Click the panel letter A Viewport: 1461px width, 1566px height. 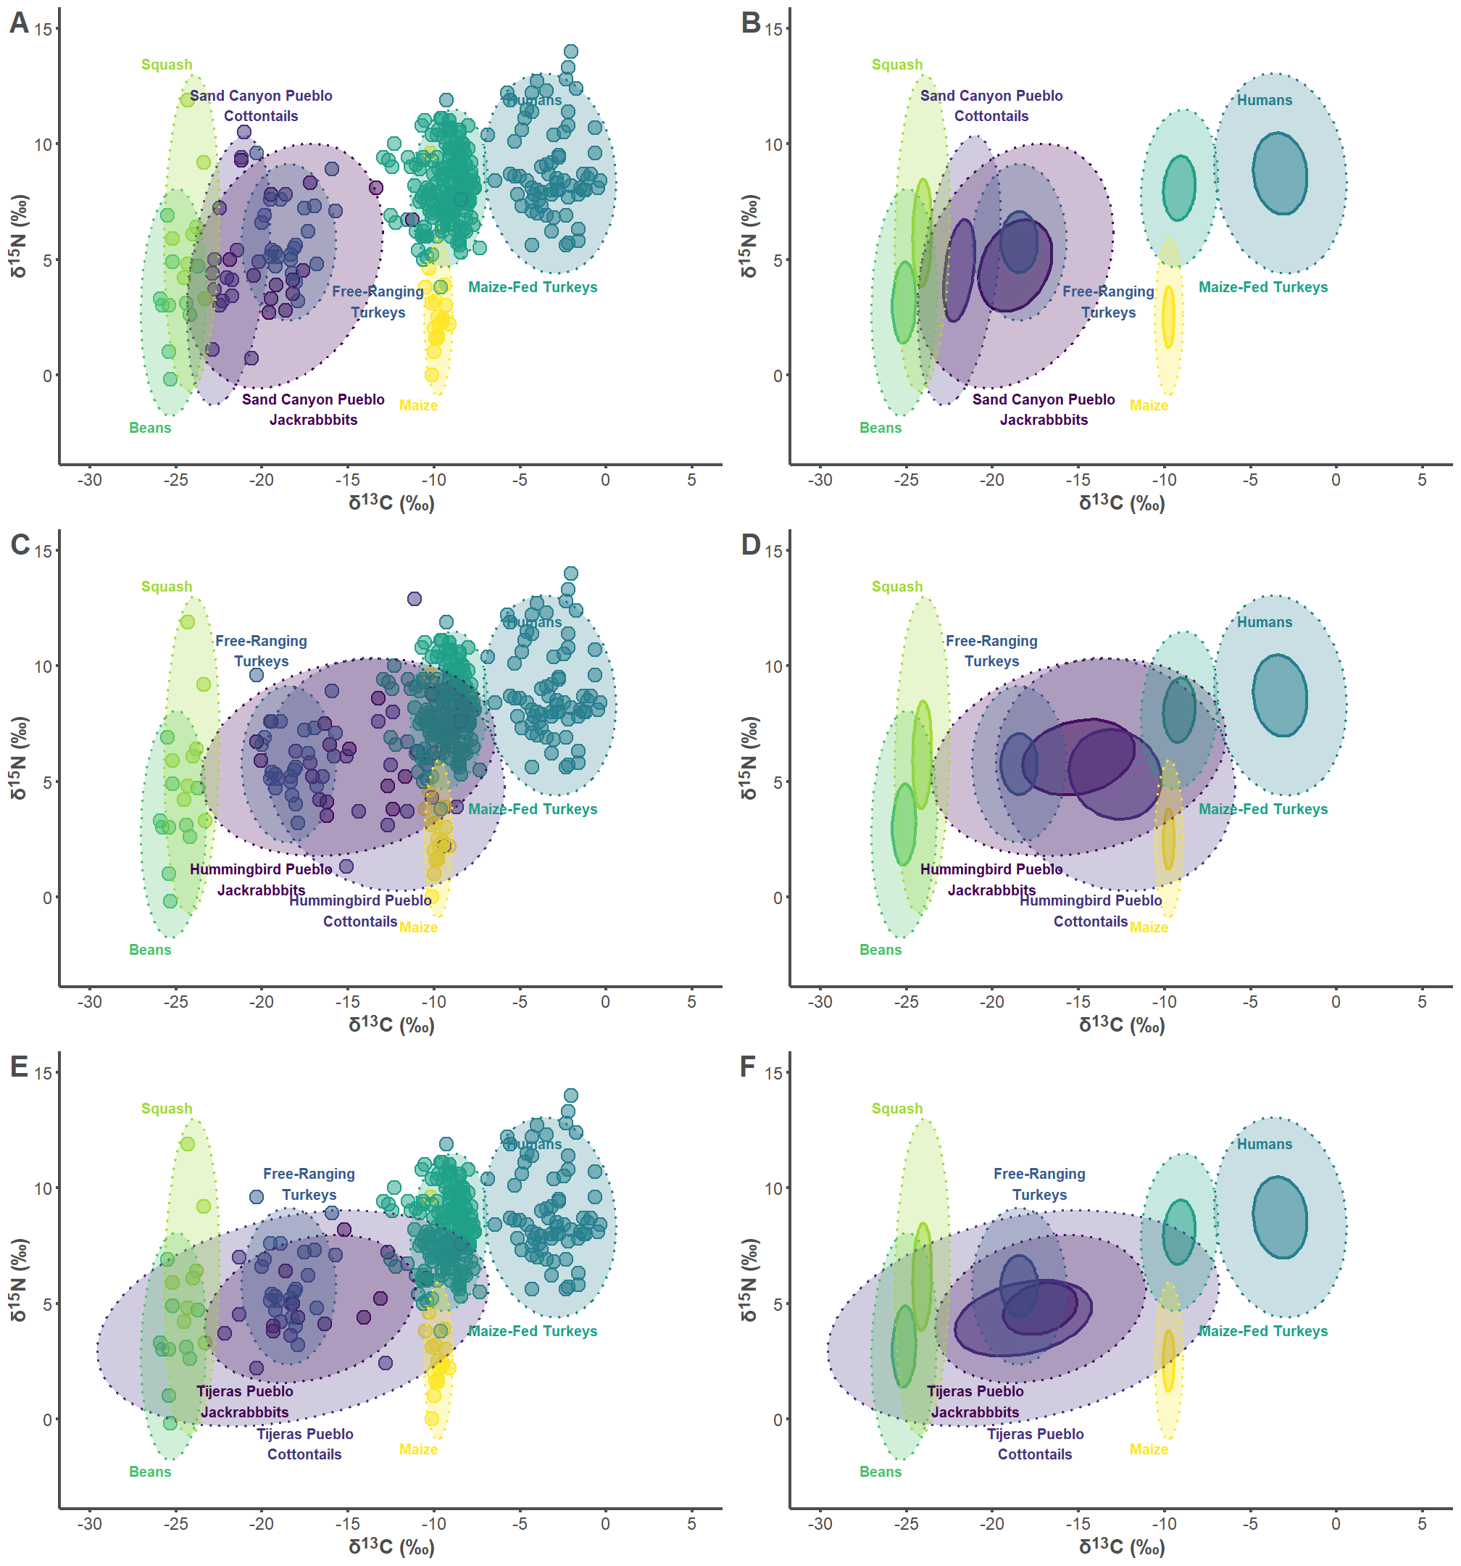coord(19,23)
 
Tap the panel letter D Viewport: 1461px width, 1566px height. coord(751,545)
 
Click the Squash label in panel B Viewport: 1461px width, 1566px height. coord(896,65)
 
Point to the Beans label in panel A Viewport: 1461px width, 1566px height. coord(149,428)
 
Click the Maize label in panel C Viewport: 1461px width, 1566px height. coord(418,927)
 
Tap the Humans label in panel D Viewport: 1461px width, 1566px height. coord(1264,622)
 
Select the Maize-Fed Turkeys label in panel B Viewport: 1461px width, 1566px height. coord(1262,288)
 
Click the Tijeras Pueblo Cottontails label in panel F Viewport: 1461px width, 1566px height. coord(1035,1444)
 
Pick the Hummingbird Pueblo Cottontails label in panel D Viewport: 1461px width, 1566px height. coord(1091,911)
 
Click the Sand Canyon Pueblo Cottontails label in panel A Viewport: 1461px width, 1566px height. coord(261,106)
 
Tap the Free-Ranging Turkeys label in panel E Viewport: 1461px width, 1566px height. coord(309,1184)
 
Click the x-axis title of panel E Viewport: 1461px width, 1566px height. coord(391,1546)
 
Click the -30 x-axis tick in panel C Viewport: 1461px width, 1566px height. coord(89,1002)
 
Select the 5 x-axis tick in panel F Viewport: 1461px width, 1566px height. coord(1422,1523)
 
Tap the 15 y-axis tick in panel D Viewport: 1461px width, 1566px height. coord(773,552)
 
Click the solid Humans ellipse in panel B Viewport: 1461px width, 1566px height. coord(1280,173)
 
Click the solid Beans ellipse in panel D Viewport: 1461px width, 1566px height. coord(904,825)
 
